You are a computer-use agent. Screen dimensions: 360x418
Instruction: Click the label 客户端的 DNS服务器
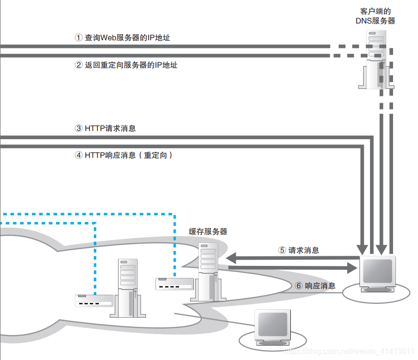[x=375, y=16]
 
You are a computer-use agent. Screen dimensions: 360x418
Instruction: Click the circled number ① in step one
[x=79, y=37]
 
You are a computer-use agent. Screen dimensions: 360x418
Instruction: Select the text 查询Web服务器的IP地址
[x=127, y=37]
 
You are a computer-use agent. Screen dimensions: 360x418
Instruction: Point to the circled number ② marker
[x=79, y=65]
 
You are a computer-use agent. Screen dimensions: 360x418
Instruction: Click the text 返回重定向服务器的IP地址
[x=131, y=65]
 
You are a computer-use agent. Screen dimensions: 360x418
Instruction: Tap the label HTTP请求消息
[x=110, y=128]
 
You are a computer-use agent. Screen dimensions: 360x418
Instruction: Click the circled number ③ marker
[x=79, y=128]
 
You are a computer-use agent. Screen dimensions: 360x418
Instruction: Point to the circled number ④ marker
[x=79, y=156]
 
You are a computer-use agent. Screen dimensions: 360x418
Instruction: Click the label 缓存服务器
[x=208, y=231]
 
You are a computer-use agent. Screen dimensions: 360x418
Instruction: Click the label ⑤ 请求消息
[x=299, y=250]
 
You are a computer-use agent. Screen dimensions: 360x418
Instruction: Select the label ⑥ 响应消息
[x=315, y=286]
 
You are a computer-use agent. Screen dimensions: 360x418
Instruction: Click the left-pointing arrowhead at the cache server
[x=231, y=257]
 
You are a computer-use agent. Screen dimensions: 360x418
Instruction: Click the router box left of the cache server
[x=173, y=284]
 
